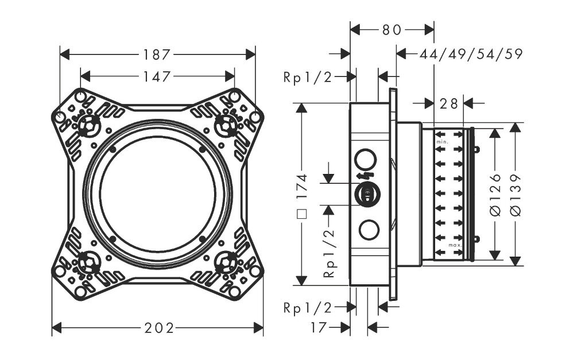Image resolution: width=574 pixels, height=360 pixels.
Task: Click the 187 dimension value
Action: coord(157,55)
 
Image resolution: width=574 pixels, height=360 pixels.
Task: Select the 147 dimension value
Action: coord(157,76)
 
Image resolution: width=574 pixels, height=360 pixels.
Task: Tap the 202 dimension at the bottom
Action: coord(159,328)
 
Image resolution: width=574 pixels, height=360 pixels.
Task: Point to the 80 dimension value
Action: coord(391,30)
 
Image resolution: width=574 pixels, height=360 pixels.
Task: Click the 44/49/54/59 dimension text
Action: coord(471,54)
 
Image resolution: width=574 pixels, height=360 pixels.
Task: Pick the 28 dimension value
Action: coord(449,104)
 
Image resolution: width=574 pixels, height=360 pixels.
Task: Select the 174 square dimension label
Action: coord(302,196)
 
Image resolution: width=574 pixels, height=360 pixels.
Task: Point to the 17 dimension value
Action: coord(319,327)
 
